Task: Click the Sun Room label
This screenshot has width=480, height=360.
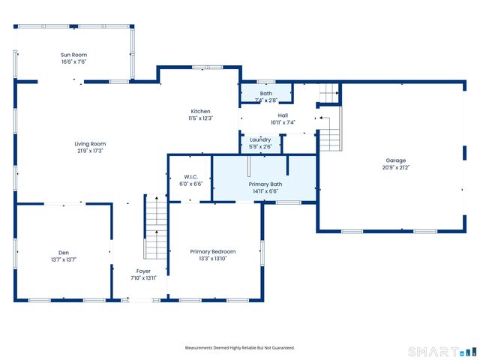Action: coord(73,55)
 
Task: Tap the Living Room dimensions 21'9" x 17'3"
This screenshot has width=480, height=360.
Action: coord(90,151)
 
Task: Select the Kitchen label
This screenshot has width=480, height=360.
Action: coord(200,112)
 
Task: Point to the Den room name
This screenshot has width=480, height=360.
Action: coord(64,253)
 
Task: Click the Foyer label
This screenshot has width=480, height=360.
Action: coord(143,271)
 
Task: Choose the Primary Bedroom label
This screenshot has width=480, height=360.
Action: coord(213,252)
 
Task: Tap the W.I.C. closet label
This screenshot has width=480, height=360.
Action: coord(191,177)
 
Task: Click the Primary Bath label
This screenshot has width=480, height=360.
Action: coord(265,184)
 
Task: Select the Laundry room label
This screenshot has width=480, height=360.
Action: coord(260,140)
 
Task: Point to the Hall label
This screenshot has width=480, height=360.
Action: coord(283,115)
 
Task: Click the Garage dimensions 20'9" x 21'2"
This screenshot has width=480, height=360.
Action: coord(396,167)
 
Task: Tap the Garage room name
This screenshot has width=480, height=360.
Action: coord(396,160)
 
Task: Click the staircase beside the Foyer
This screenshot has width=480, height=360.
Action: coord(155,226)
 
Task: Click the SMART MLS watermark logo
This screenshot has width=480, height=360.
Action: coord(442,352)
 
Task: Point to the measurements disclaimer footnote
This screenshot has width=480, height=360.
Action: coord(240,348)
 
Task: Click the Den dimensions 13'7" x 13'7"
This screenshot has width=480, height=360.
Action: coord(64,260)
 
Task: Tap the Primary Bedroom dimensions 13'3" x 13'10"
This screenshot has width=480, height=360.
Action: coord(213,259)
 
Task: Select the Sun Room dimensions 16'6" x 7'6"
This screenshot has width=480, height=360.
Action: coord(73,61)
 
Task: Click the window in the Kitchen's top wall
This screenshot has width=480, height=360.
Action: coord(207,67)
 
